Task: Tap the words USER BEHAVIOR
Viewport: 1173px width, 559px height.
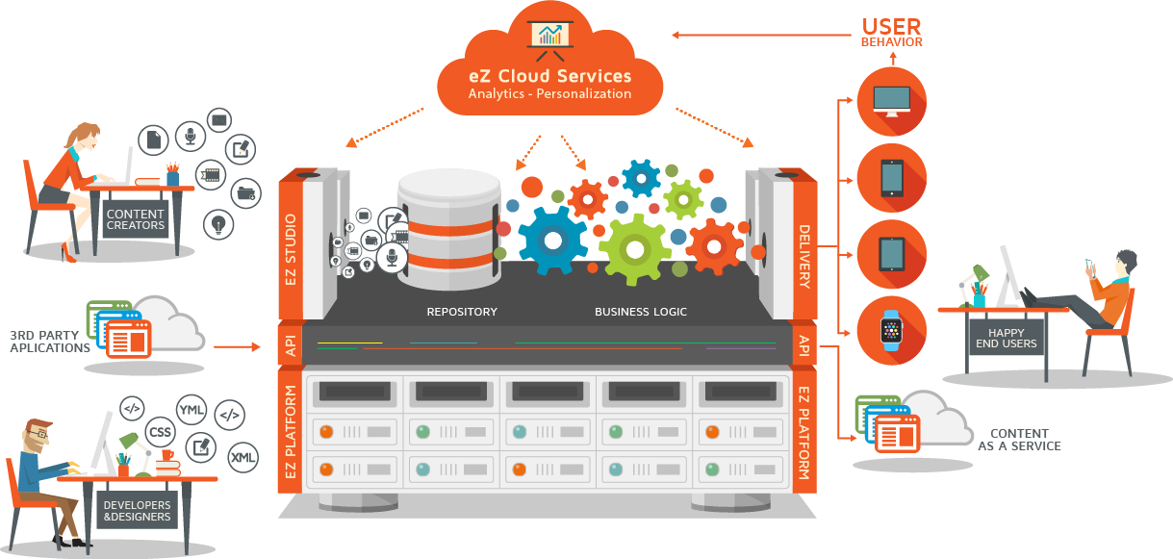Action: (892, 33)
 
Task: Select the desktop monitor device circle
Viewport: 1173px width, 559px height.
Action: (892, 102)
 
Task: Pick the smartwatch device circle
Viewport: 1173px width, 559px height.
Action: (892, 331)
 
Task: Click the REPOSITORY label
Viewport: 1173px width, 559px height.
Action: (462, 312)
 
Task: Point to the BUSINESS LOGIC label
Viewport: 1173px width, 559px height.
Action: (641, 312)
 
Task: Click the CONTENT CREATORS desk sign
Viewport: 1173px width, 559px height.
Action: (136, 219)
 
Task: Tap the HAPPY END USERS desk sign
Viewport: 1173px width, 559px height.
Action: (1006, 338)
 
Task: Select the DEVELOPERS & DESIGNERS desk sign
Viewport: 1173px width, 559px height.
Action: (138, 510)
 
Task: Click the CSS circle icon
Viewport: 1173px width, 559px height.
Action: (161, 432)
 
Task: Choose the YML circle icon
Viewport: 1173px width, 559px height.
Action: (191, 410)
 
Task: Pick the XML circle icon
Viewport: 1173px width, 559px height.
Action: (243, 457)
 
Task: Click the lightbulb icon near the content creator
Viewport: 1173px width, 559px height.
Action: (218, 224)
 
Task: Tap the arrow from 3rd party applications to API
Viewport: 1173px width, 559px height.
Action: (237, 347)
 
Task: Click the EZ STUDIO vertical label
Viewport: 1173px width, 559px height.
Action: (291, 249)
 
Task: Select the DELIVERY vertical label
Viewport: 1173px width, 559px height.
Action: (804, 257)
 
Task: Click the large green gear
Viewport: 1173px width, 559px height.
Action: (635, 249)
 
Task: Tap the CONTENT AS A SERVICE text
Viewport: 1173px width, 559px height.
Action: (1019, 440)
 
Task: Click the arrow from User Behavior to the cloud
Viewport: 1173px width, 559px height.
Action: (761, 35)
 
